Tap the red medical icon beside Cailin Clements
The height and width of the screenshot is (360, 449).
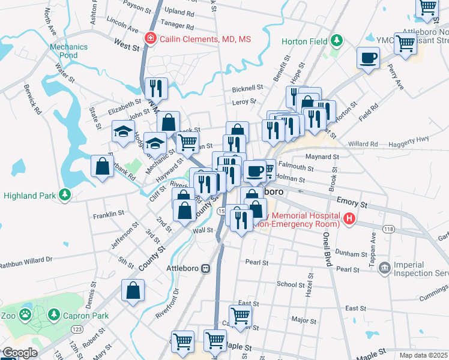150,40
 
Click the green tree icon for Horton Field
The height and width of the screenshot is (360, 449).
337,41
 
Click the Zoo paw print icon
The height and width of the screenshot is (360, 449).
25,314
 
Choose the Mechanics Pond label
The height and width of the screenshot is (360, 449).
68,51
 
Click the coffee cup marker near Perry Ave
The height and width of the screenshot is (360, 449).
368,58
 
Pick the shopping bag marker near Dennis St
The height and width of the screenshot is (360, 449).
133,290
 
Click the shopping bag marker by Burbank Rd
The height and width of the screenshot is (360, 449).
102,166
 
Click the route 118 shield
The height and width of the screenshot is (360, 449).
389,229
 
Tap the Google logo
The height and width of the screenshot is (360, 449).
20,353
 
